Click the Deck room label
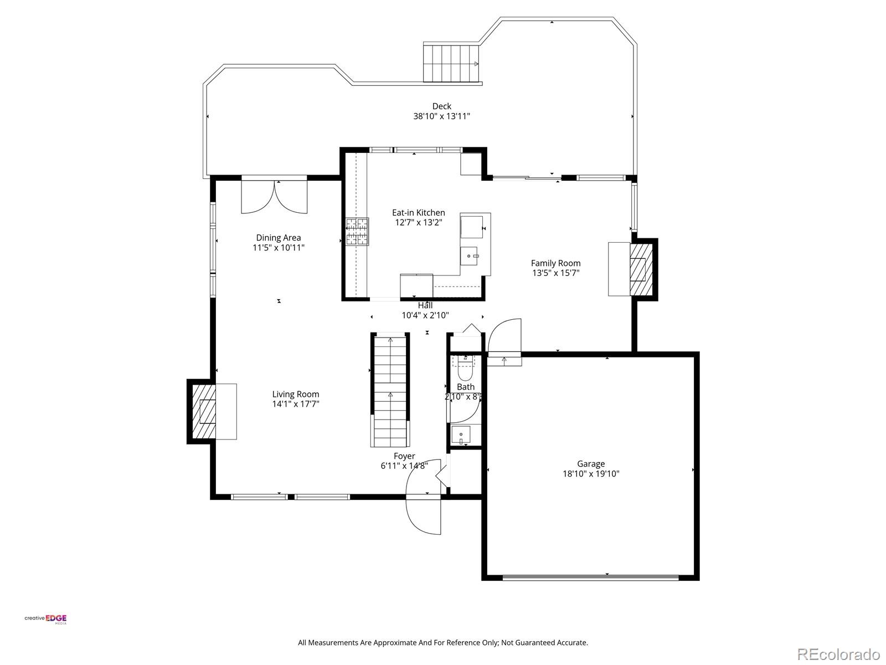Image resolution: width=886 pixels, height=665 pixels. pos(441,106)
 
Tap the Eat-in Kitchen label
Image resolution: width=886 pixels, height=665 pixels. pos(418,212)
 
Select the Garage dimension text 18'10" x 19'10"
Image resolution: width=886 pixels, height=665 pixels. pos(591,474)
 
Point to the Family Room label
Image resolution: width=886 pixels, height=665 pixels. pos(555,263)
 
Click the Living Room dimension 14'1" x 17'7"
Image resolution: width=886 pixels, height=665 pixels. pos(295,404)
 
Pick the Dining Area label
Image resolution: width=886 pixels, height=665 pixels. pos(278,238)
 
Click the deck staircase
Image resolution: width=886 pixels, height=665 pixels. pos(451,63)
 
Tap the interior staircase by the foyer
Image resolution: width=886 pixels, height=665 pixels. pos(390,391)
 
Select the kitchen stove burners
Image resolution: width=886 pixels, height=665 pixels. pos(357,232)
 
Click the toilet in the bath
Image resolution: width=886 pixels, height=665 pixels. pos(465,368)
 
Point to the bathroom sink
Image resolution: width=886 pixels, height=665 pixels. pos(461,434)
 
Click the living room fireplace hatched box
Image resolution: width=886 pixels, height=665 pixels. pos(203,411)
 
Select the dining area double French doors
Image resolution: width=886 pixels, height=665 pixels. pos(274,197)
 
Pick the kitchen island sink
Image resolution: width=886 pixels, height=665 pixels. pos(471,256)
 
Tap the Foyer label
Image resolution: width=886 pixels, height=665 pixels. pos(404,456)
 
